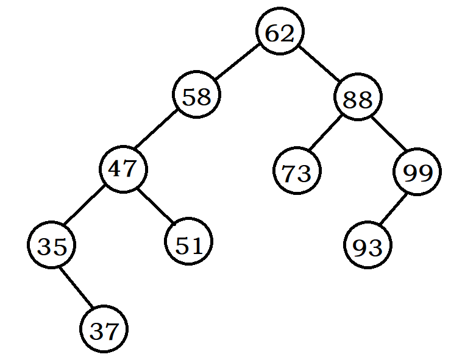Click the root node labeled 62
[280, 33]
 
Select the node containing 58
[196, 96]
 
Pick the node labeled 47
[124, 169]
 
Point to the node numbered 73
[297, 172]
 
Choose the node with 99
[418, 172]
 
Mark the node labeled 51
[188, 244]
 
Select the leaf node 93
[368, 246]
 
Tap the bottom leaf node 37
[104, 330]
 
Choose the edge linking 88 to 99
[388, 135]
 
